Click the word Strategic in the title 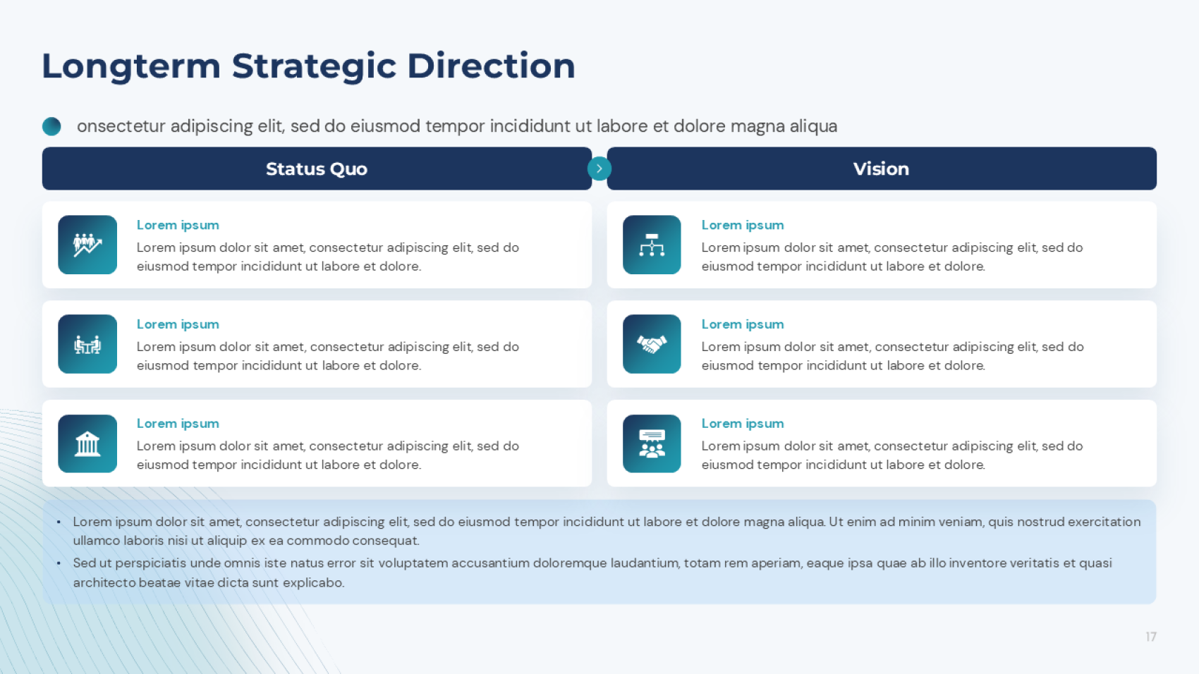(x=314, y=67)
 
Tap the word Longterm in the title (x=131, y=67)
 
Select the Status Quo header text (x=317, y=169)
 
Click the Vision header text (x=881, y=169)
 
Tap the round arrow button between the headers (x=599, y=168)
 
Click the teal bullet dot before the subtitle (x=51, y=126)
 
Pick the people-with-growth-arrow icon (x=87, y=245)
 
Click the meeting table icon (x=87, y=345)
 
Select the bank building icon (x=87, y=444)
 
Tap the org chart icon (x=652, y=245)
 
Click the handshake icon (x=652, y=345)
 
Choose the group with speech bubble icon (x=652, y=444)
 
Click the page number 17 (x=1151, y=637)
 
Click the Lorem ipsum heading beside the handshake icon (x=743, y=325)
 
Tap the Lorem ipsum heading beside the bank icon (x=178, y=424)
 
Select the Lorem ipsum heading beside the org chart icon (x=743, y=225)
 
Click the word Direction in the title (x=492, y=66)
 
